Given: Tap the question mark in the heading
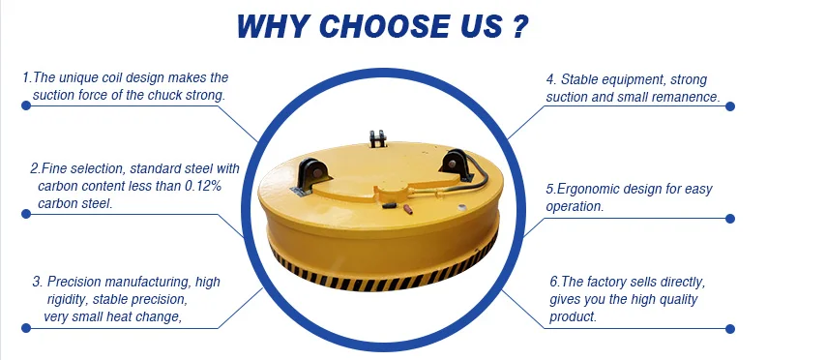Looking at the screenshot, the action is point(518,26).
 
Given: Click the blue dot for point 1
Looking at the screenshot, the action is point(26,105).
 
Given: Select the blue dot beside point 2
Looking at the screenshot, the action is point(26,214).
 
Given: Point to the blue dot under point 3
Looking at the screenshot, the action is point(26,328).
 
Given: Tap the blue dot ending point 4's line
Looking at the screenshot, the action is point(729,105).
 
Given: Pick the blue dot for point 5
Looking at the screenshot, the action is point(729,218).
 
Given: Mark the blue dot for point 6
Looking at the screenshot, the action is point(729,329).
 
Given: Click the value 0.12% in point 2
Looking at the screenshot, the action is point(202,186).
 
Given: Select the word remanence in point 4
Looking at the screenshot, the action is point(689,98).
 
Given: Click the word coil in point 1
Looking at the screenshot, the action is point(111,78).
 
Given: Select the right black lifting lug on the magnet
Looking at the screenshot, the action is point(455,163).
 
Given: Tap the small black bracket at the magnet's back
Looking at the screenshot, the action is point(377,138).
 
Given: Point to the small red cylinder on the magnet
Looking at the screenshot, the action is point(407,209).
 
